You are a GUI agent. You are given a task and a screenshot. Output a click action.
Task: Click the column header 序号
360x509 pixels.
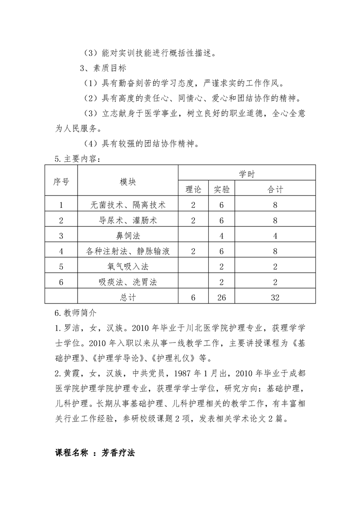tap(61, 181)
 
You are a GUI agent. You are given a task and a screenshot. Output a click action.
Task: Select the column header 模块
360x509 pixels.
tap(128, 181)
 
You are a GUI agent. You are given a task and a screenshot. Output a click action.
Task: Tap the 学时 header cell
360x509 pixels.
tap(247, 174)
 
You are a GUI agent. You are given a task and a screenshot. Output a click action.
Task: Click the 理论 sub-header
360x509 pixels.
tap(193, 189)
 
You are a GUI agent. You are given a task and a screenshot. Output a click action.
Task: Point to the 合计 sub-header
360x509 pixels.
tap(276, 189)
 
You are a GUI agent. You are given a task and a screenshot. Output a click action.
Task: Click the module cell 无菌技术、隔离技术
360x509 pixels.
tap(128, 205)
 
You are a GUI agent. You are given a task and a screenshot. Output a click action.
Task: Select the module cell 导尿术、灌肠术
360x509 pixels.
tap(128, 220)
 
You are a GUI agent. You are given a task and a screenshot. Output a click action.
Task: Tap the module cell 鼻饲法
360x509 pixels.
tap(128, 236)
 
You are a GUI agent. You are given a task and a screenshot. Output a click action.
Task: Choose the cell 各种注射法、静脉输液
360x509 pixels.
tap(128, 251)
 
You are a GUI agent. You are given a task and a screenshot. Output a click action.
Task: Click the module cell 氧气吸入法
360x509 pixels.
tap(128, 267)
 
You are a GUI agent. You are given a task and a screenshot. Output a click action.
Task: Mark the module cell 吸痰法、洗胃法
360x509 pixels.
tap(128, 282)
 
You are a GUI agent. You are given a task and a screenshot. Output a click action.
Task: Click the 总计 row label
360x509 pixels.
tap(128, 298)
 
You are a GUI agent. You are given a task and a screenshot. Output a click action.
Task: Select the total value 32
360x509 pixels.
tap(276, 298)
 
